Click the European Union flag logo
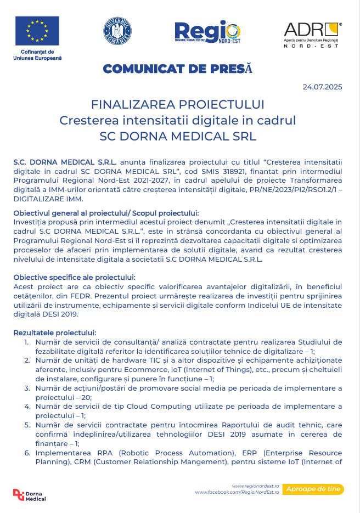[37, 31]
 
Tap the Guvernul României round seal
[117, 31]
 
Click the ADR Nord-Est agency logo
[312, 34]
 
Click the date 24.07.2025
[322, 87]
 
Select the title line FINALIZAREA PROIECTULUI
[178, 104]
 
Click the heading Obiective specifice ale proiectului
[74, 277]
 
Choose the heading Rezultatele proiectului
[54, 332]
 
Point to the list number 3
[27, 388]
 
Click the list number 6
[27, 453]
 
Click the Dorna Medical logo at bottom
[30, 495]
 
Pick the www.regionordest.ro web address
[256, 486]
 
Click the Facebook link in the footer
[237, 493]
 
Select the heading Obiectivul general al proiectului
[106, 213]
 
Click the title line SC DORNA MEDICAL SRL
[178, 136]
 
